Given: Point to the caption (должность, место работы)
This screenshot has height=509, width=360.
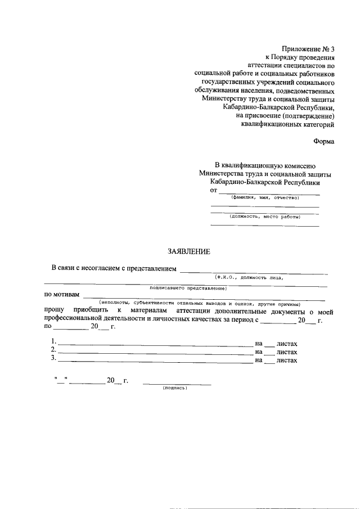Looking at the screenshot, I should (264, 216).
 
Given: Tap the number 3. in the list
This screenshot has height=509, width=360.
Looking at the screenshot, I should (54, 359).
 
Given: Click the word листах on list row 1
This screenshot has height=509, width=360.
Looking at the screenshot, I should (287, 343).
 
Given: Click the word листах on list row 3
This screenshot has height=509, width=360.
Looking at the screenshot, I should (287, 360).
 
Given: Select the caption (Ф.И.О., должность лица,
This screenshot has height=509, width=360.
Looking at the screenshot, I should (249, 277).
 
